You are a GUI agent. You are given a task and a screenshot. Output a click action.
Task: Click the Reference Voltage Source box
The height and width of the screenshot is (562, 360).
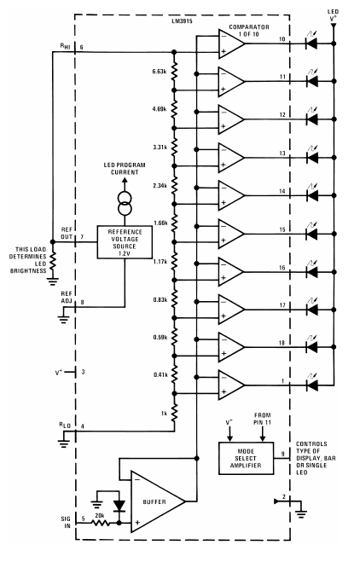pyautogui.click(x=125, y=242)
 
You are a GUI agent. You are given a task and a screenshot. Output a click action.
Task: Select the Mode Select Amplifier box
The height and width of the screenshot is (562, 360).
pyautogui.click(x=246, y=458)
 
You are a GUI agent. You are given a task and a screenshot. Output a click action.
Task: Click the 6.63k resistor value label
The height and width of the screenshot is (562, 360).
pyautogui.click(x=160, y=72)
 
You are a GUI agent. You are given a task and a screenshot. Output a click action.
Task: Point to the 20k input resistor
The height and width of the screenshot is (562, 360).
pyautogui.click(x=102, y=524)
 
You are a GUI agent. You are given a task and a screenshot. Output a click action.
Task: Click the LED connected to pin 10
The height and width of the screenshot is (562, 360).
pyautogui.click(x=311, y=43)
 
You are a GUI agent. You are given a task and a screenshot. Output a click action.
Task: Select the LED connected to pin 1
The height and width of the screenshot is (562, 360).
pyautogui.click(x=311, y=385)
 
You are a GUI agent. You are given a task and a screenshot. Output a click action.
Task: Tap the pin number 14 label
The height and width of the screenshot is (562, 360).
pyautogui.click(x=282, y=191)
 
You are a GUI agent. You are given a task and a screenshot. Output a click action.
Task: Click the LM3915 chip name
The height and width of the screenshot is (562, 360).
pyautogui.click(x=183, y=21)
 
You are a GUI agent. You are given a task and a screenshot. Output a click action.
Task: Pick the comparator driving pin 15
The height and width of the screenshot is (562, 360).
pyautogui.click(x=231, y=234)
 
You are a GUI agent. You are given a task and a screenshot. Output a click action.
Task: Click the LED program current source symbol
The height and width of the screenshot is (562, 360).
pyautogui.click(x=125, y=204)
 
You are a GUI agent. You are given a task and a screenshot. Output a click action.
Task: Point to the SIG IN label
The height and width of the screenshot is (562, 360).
pyautogui.click(x=66, y=522)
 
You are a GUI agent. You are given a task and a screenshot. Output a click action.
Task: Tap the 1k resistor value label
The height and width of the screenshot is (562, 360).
pyautogui.click(x=165, y=414)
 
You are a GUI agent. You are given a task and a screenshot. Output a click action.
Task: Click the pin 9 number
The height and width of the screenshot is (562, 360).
pyautogui.click(x=283, y=454)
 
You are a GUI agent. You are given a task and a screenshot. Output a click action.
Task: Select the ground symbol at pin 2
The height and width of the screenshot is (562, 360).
pyautogui.click(x=301, y=515)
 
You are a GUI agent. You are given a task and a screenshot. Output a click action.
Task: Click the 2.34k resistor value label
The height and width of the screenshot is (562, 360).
pyautogui.click(x=160, y=185)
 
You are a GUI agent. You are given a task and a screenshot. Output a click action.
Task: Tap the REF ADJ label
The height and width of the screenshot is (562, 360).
pyautogui.click(x=67, y=298)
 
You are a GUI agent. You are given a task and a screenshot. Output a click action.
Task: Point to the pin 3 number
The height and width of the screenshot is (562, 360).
pyautogui.click(x=84, y=372)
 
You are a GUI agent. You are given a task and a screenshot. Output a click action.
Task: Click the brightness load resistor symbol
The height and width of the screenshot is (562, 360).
pyautogui.click(x=53, y=261)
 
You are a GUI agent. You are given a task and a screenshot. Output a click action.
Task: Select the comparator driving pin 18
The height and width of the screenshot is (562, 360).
pyautogui.click(x=231, y=347)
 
